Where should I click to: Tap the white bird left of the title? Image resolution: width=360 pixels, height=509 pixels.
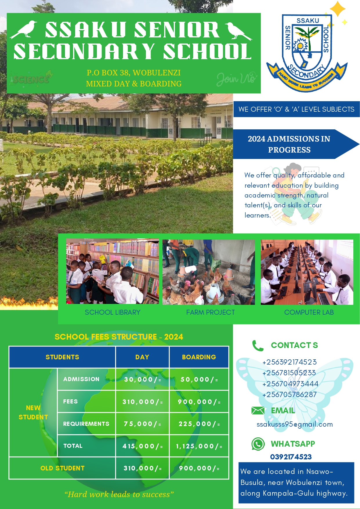pos(24,30)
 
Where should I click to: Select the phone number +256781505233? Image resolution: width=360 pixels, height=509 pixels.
pos(289,373)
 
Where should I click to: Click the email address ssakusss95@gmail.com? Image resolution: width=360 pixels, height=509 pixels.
pos(294,424)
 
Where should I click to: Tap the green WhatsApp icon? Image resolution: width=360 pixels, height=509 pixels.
pos(258,444)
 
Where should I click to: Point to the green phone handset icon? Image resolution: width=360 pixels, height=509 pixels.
pos(258,345)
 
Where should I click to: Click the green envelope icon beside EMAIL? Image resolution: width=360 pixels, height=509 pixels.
pos(258,410)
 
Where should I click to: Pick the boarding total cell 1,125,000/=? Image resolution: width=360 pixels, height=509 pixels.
pos(199,446)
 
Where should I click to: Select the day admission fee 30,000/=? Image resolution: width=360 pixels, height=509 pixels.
pos(142,379)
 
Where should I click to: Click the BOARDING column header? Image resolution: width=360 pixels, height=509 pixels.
pos(199,357)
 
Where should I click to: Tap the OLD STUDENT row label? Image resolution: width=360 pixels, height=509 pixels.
pos(62,468)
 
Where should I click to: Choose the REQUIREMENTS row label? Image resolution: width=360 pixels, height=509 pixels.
pos(86,424)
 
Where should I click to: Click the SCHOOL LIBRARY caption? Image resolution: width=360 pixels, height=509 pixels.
pos(113,312)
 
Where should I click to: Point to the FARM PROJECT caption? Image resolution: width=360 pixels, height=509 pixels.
pos(211,312)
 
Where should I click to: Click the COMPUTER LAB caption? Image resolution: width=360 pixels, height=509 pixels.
pos(309,312)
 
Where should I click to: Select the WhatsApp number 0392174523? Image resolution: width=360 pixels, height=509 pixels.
pos(291,457)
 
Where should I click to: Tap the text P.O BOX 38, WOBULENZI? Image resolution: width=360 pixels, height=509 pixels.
pos(134,73)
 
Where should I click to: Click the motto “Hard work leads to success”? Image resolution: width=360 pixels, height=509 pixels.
pos(119,494)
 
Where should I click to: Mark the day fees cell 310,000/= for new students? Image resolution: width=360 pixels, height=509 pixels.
pos(142,402)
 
